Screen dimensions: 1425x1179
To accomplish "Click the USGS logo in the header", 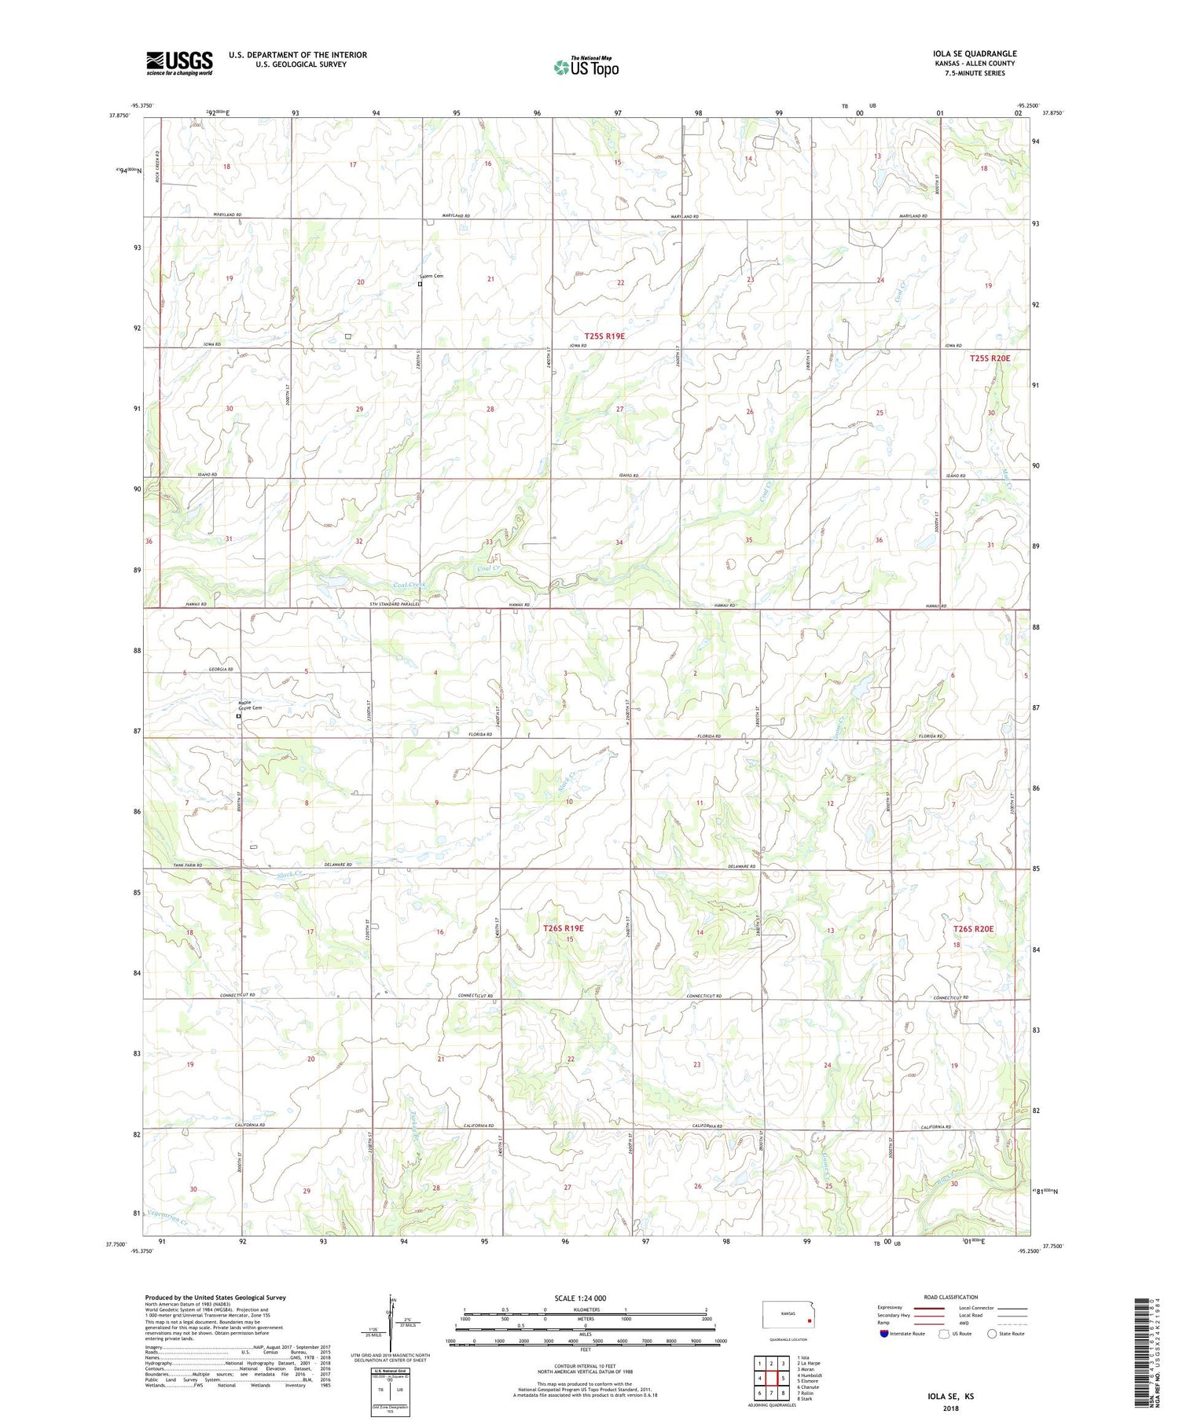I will pos(179,63).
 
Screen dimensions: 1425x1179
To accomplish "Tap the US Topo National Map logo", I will pos(586,67).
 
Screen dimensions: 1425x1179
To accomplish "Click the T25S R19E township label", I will pos(604,336).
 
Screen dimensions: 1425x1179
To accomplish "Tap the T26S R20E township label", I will pos(973,928).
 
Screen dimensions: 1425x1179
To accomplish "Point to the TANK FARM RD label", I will pos(188,865).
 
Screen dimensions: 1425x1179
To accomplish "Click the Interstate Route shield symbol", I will pos(884,1333).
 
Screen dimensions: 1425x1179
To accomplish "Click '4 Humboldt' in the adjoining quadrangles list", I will pos(810,1375).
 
